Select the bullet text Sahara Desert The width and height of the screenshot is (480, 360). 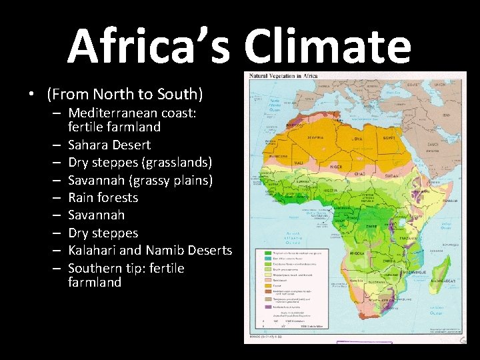(109, 145)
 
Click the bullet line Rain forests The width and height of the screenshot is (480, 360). (103, 197)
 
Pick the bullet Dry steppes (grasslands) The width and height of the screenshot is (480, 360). (140, 162)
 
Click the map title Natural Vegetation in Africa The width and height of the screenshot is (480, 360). (283, 76)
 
